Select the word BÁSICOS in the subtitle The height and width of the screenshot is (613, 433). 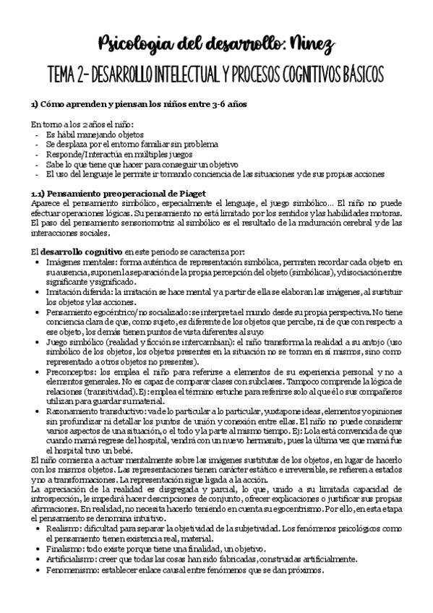(x=359, y=74)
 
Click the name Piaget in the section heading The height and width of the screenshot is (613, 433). (x=191, y=192)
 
